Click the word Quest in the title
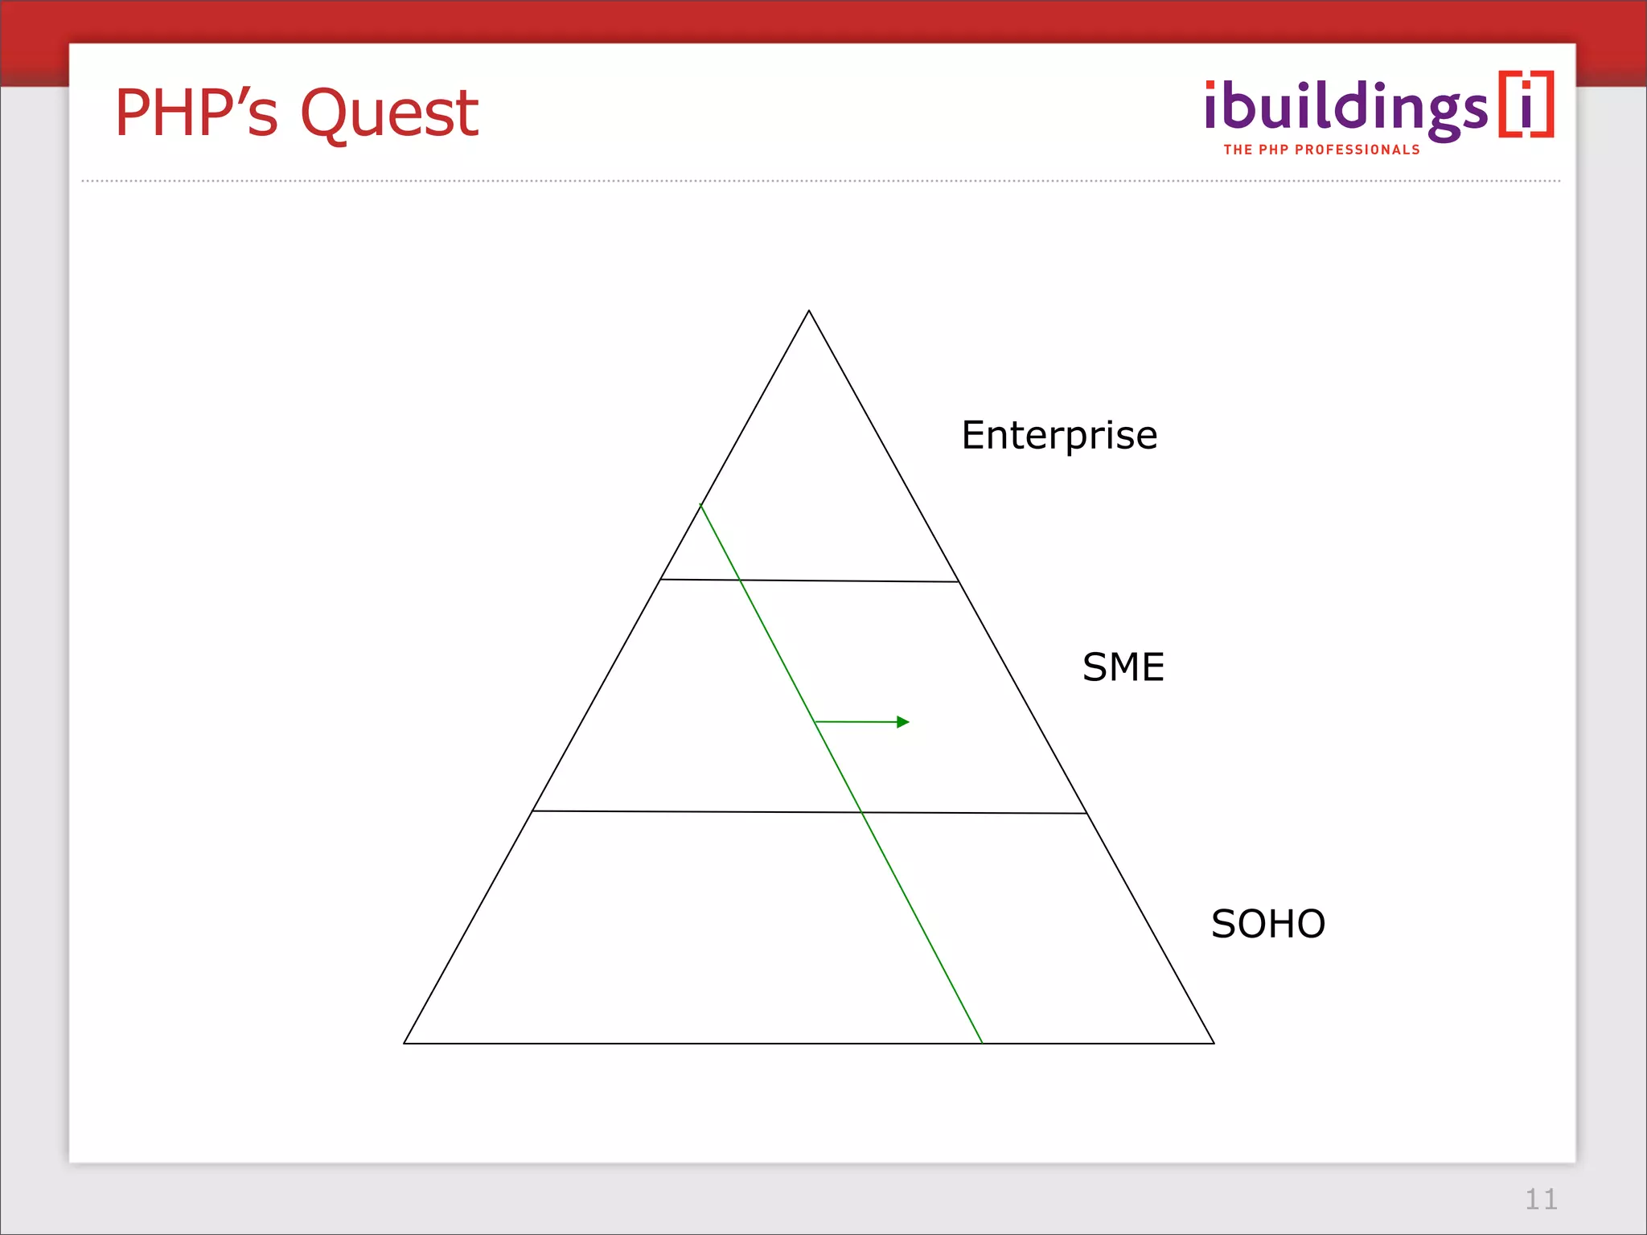(x=389, y=114)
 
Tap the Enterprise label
(x=1059, y=436)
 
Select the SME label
(x=1123, y=667)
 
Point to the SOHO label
(x=1267, y=924)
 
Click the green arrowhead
(x=903, y=722)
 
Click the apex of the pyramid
(x=809, y=311)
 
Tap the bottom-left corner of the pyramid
(x=405, y=1043)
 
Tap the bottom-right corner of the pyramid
(x=1214, y=1043)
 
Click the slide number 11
(x=1541, y=1200)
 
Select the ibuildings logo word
(x=1345, y=109)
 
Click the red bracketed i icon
(x=1526, y=105)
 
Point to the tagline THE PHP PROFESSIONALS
(x=1321, y=150)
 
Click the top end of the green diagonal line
(x=700, y=505)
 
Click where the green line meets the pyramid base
(x=982, y=1043)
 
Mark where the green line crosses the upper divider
(x=740, y=580)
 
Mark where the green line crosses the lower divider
(x=862, y=812)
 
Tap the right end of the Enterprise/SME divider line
(x=959, y=581)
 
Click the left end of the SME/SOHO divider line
(x=532, y=810)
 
